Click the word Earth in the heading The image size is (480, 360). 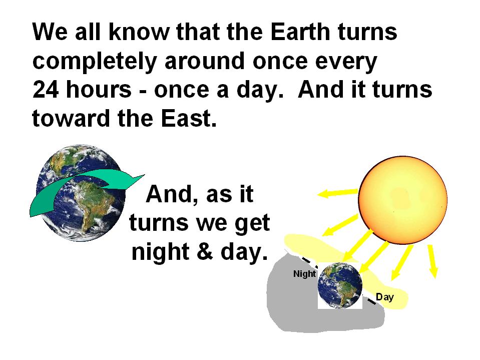(x=301, y=32)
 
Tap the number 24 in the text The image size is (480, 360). (x=46, y=90)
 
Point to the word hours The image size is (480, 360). (x=99, y=89)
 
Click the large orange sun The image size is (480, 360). (x=402, y=200)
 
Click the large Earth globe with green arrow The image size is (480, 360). (x=81, y=192)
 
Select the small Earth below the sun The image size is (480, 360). (x=340, y=285)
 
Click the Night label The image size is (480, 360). (x=304, y=274)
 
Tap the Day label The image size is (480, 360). (x=385, y=297)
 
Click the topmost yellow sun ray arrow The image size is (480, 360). (x=338, y=193)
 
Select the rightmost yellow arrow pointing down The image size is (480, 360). (x=433, y=261)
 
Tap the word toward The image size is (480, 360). (x=71, y=119)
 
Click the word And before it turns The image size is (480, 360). (x=321, y=90)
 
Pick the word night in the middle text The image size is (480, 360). (x=160, y=252)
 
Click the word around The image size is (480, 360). (x=205, y=61)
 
